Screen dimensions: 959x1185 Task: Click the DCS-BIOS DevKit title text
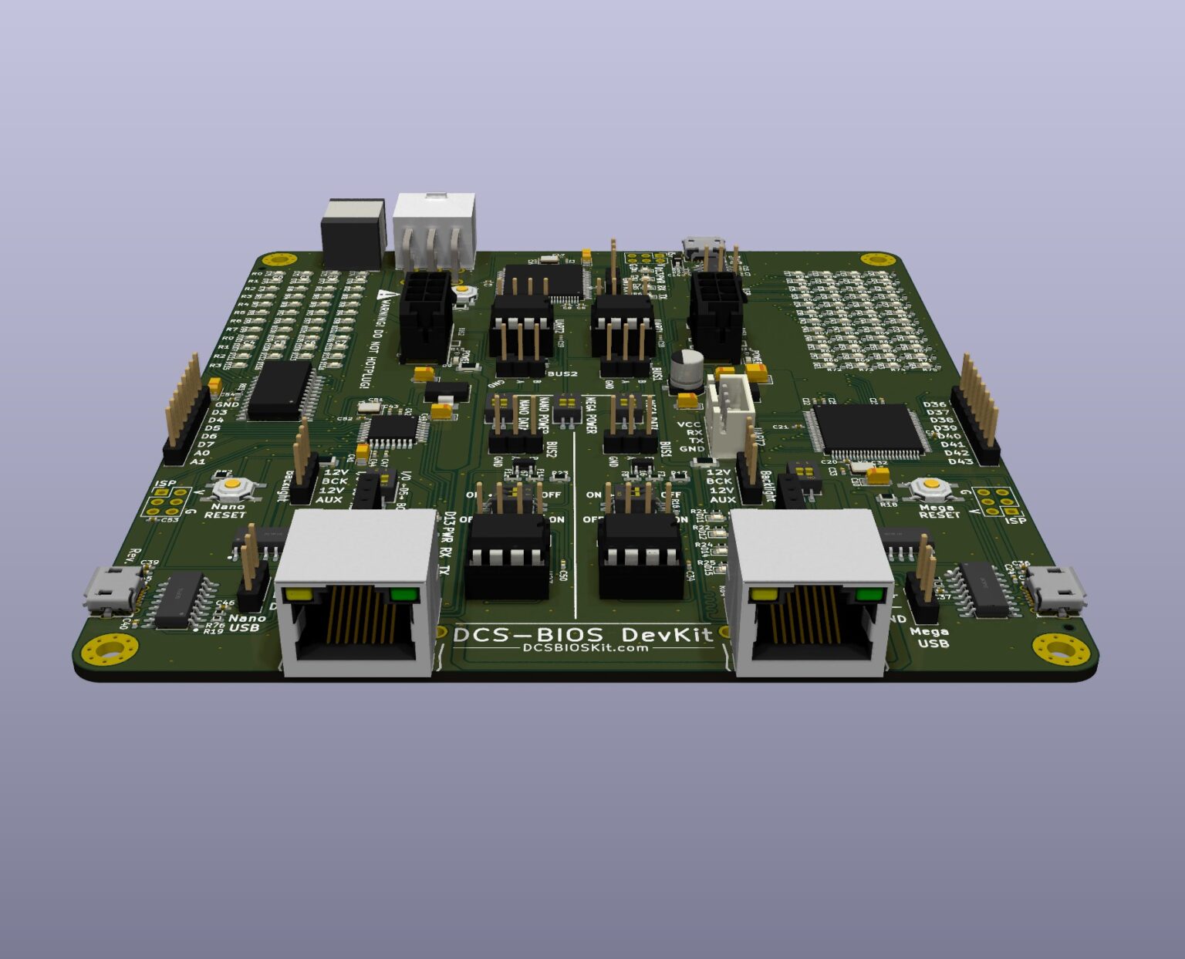582,634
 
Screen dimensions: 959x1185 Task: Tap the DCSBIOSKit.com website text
586,649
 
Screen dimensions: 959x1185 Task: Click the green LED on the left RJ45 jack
403,594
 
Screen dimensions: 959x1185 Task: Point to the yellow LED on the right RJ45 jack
764,595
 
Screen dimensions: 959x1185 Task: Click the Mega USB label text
929,637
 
